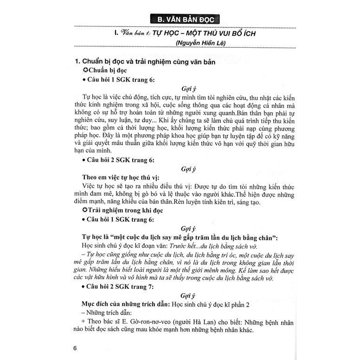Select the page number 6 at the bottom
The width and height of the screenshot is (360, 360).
point(82,348)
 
